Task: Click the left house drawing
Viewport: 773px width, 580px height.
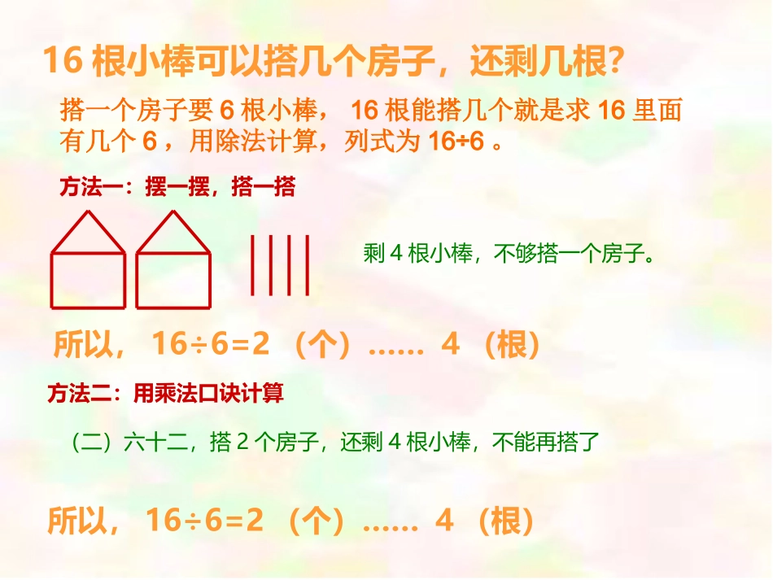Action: tap(88, 262)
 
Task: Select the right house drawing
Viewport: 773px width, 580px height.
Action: tap(173, 262)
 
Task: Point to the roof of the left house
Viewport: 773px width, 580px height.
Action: tap(88, 233)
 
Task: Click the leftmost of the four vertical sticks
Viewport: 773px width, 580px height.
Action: tap(252, 264)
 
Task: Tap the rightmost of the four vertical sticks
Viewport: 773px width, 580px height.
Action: tap(308, 264)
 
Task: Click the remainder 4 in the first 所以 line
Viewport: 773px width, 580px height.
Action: tap(450, 346)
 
